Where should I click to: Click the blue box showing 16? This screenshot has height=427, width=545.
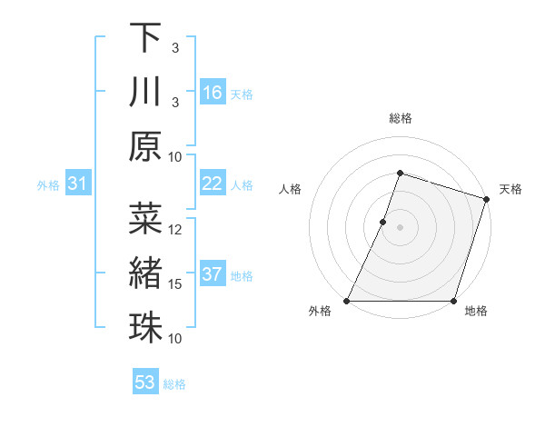click(x=213, y=93)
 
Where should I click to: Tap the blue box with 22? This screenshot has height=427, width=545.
click(x=213, y=184)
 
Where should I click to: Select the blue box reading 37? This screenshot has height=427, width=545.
click(x=213, y=274)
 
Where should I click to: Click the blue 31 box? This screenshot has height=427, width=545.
click(x=77, y=184)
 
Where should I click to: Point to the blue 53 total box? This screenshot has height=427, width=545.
click(x=145, y=382)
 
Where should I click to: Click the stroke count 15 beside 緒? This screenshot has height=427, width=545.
click(x=176, y=284)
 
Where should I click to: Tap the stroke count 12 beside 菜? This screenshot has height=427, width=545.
click(x=176, y=230)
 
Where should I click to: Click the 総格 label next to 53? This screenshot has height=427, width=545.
click(x=174, y=384)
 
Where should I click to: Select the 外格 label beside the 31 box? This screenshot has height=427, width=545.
click(x=48, y=185)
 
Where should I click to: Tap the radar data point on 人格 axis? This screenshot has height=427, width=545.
click(x=383, y=222)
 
